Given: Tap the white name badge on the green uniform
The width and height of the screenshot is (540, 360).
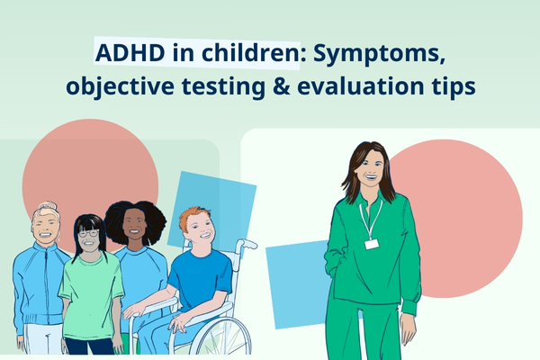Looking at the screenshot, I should [x=371, y=244].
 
